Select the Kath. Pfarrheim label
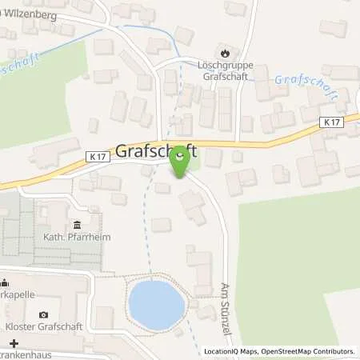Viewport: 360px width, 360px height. coord(70,238)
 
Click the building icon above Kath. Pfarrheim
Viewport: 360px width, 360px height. coord(76,225)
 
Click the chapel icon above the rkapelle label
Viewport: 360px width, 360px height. coord(5,281)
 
